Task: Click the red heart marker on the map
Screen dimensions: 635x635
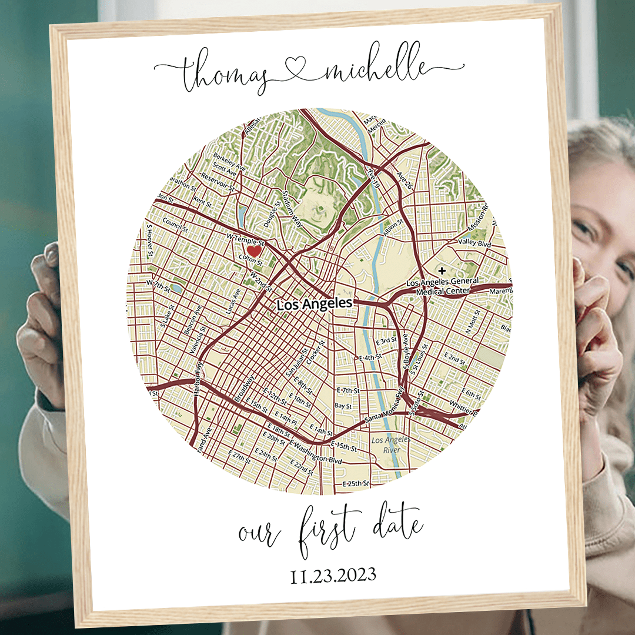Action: (253, 251)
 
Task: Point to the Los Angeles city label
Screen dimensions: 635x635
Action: (315, 304)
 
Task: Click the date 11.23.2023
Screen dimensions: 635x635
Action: (333, 574)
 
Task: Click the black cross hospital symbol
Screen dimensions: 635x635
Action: (442, 270)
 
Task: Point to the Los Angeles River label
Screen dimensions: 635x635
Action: (386, 445)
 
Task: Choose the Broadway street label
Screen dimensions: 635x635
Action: (245, 389)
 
